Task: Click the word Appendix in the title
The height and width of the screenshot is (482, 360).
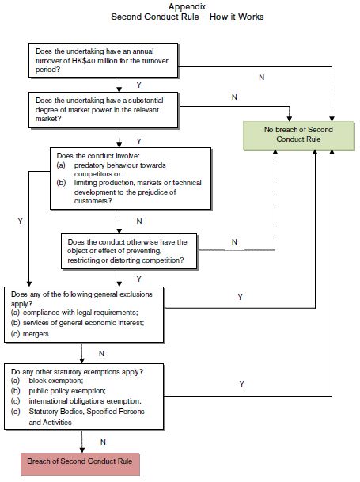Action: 187,6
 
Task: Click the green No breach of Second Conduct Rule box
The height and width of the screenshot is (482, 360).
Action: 298,135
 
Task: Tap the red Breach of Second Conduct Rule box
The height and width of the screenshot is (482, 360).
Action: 80,464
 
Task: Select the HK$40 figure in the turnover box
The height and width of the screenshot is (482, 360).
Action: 83,61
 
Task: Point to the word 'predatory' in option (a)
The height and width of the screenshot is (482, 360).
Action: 89,165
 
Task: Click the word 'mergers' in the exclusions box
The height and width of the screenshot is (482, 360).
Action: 36,334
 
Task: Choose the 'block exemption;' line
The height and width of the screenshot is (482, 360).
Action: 56,381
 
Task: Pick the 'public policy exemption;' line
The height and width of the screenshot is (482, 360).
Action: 67,391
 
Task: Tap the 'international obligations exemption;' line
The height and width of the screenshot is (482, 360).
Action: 85,401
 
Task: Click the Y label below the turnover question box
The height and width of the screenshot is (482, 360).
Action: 139,85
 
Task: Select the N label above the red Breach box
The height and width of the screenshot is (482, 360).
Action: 103,442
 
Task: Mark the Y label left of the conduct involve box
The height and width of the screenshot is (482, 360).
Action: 21,222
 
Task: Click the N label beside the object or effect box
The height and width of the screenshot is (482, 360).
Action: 234,242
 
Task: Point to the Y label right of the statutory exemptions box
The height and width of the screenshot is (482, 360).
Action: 241,384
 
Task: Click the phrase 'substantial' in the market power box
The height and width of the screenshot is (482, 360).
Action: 146,101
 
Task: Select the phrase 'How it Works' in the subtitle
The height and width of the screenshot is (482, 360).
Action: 237,17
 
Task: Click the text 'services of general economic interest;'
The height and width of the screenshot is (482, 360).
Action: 84,323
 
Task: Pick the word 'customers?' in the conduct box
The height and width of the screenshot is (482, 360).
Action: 93,201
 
